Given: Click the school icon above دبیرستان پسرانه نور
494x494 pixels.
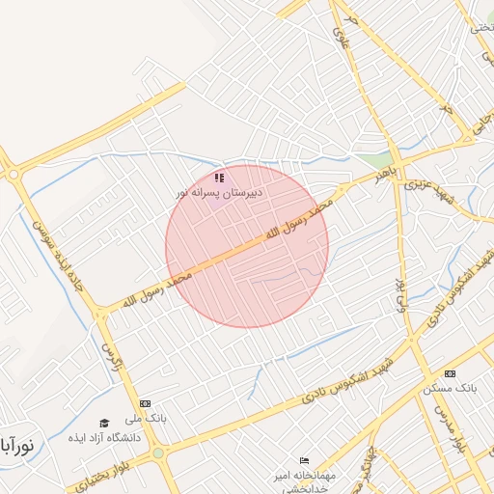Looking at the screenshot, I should point(219,178).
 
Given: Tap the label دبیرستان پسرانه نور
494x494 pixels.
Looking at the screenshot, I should point(219,193).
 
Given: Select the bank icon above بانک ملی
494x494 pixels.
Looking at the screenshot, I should point(145,403).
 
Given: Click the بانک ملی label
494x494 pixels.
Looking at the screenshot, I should point(147,420).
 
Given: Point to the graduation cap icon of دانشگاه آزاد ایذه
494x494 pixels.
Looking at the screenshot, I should point(104,423).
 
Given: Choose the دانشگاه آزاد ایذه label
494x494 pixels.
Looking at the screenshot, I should point(104,437).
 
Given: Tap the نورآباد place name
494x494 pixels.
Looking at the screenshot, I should point(17,446).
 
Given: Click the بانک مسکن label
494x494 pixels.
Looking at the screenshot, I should point(450,389).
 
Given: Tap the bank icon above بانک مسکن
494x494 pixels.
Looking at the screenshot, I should point(450,373).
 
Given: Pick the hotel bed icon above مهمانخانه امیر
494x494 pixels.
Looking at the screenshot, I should point(305,460).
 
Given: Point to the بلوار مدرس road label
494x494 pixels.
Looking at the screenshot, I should point(443,425).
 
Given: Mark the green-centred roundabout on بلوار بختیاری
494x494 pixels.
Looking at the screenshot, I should point(158,452).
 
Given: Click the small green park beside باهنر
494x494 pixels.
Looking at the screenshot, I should point(384,159).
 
